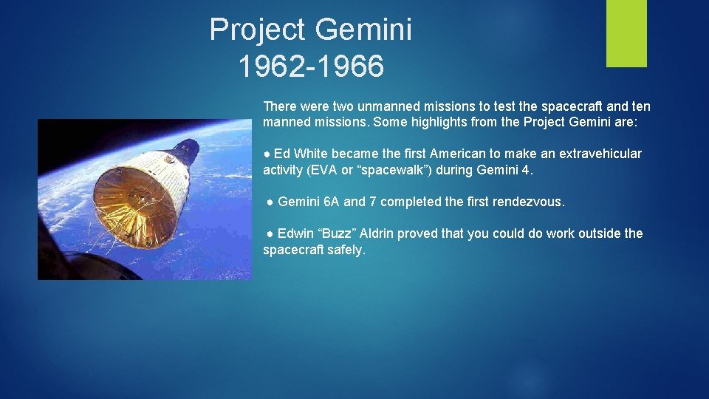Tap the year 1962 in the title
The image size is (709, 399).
point(271,66)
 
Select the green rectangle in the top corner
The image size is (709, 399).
point(626,33)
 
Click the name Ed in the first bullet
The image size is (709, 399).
point(282,154)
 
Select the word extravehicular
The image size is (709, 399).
point(600,154)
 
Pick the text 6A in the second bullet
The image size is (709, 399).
point(332,202)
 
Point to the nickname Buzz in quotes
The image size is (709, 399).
point(334,233)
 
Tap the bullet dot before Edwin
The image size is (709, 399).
point(270,234)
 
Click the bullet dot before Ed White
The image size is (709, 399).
point(267,154)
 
